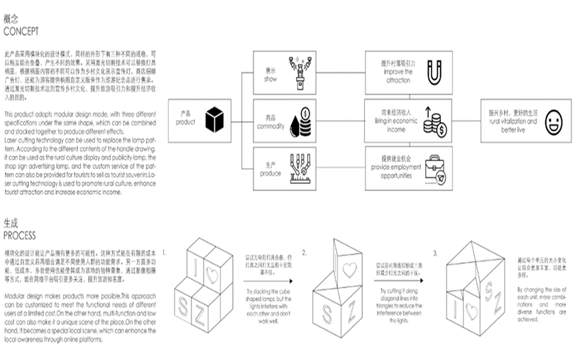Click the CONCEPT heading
click(x=21, y=31)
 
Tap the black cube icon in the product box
click(x=215, y=119)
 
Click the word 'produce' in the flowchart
click(x=270, y=173)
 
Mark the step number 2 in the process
click(x=305, y=251)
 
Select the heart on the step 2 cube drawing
click(x=349, y=269)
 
